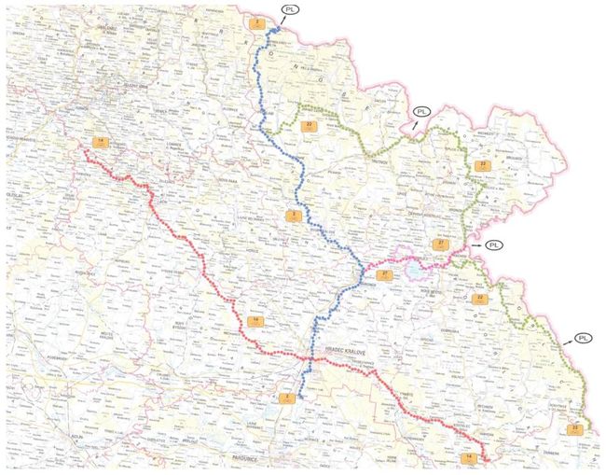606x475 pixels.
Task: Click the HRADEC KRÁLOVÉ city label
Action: (x=346, y=351)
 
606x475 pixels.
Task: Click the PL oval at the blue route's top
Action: (x=292, y=10)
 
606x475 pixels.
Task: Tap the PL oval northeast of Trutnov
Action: (x=423, y=112)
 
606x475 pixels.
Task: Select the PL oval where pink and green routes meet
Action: (x=494, y=244)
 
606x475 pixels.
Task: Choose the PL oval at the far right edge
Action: (x=583, y=338)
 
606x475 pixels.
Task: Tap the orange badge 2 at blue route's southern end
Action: (x=285, y=398)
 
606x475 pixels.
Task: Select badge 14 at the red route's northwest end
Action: (x=101, y=142)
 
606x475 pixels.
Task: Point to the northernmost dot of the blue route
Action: (x=277, y=30)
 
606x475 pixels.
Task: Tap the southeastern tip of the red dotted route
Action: (x=488, y=459)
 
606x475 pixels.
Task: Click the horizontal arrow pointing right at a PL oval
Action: (x=477, y=244)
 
